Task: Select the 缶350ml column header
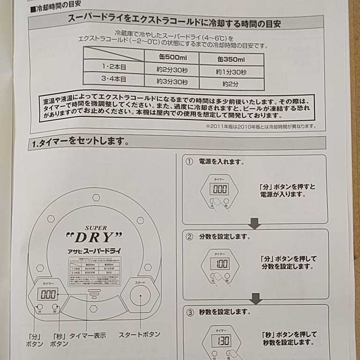pyautogui.click(x=231, y=60)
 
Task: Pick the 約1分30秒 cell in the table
pyautogui.click(x=231, y=72)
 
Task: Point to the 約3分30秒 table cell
pyautogui.click(x=172, y=82)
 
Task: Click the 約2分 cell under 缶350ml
pyautogui.click(x=231, y=84)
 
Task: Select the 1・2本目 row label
pyautogui.click(x=114, y=67)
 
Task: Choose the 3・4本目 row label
pyautogui.click(x=114, y=79)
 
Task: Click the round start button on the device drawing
pyautogui.click(x=140, y=297)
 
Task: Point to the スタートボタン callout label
pyautogui.click(x=139, y=334)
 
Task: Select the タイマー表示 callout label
pyautogui.click(x=88, y=336)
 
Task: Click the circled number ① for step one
pyautogui.click(x=189, y=162)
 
